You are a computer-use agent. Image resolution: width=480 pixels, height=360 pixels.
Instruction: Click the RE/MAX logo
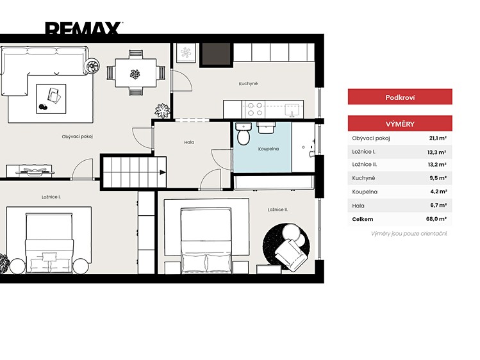pyautogui.click(x=84, y=28)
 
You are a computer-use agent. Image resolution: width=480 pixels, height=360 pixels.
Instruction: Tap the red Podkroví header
pyautogui.click(x=400, y=97)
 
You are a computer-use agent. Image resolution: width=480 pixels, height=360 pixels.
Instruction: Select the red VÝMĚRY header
pyautogui.click(x=400, y=124)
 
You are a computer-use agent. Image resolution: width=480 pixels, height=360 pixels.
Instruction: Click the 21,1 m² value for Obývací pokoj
pyautogui.click(x=438, y=138)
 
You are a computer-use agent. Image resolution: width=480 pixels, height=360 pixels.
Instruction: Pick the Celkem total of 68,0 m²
pyautogui.click(x=436, y=219)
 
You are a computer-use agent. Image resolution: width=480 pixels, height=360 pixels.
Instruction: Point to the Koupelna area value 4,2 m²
pyautogui.click(x=439, y=192)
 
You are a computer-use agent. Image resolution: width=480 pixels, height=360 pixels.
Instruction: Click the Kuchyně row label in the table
pyautogui.click(x=363, y=178)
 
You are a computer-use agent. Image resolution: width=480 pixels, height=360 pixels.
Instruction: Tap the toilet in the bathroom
pyautogui.click(x=244, y=134)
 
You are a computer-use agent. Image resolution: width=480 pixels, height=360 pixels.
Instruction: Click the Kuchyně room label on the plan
pyautogui.click(x=248, y=83)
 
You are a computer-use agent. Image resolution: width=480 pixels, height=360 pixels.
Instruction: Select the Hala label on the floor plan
pyautogui.click(x=189, y=142)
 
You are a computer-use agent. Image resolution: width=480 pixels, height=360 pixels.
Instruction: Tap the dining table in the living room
pyautogui.click(x=136, y=73)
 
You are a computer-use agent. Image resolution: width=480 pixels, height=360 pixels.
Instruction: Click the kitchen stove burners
pyautogui.click(x=255, y=109)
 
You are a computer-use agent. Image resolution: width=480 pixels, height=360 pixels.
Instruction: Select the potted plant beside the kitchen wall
pyautogui.click(x=162, y=111)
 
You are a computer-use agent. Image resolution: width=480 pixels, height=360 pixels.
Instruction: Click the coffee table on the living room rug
pyautogui.click(x=51, y=99)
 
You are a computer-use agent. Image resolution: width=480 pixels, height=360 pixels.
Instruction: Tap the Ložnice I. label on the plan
pyautogui.click(x=51, y=197)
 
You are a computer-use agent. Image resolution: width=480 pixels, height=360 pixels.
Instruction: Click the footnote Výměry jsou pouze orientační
pyautogui.click(x=409, y=234)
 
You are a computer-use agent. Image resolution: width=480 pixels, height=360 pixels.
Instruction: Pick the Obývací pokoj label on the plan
pyautogui.click(x=77, y=136)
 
